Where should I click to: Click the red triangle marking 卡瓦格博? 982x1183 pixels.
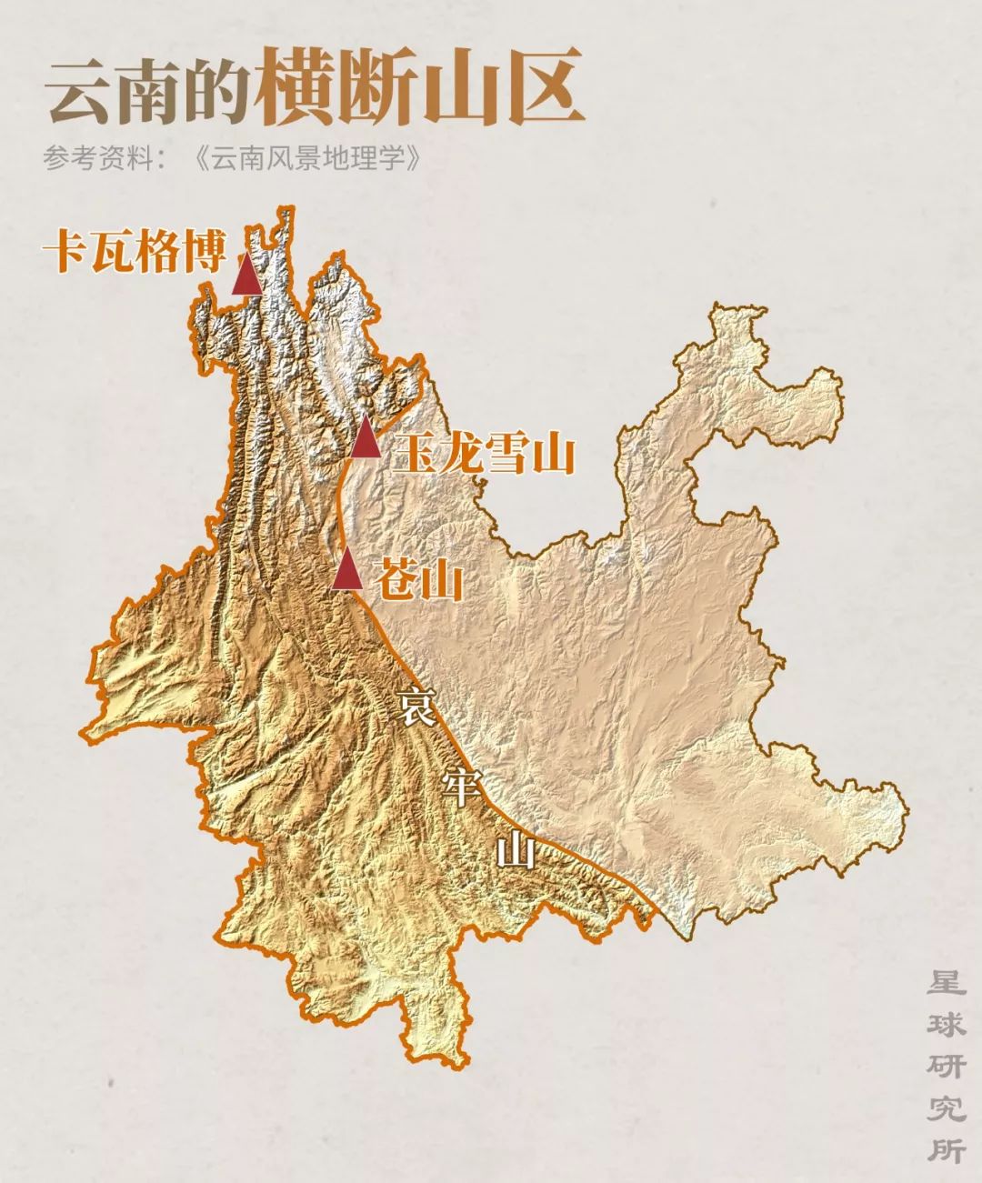[x=246, y=275]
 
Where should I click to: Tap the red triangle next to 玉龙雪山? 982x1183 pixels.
[x=366, y=438]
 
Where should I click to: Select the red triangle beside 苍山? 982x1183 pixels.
[x=347, y=571]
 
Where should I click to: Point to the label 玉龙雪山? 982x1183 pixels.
[x=485, y=452]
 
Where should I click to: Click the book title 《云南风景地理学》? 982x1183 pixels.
[x=310, y=158]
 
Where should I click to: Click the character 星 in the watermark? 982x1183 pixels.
[x=946, y=985]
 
